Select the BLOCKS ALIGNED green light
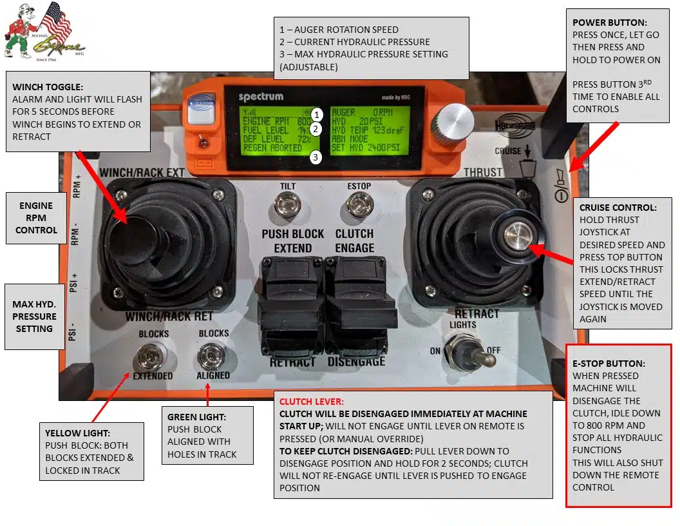tap(212, 355)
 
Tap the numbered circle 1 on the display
tap(316, 115)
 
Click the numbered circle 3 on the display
tap(316, 157)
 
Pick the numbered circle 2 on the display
tap(316, 129)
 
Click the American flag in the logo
tap(55, 23)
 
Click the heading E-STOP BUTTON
tap(609, 364)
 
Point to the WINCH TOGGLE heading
tap(48, 88)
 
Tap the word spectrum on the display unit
tap(260, 97)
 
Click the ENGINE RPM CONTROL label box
tap(36, 218)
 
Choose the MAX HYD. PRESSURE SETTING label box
tap(34, 316)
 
